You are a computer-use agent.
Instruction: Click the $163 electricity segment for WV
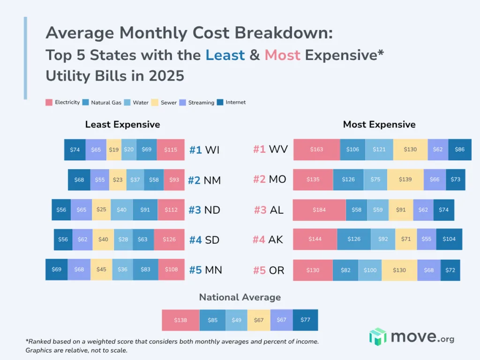click(316, 150)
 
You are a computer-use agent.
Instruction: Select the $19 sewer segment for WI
click(114, 150)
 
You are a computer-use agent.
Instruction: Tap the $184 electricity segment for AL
click(319, 210)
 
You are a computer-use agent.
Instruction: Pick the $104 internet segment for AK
click(449, 239)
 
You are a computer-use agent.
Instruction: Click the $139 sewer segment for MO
click(405, 180)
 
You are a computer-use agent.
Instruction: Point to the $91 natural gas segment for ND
click(145, 210)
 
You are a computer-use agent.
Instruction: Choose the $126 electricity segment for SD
click(169, 240)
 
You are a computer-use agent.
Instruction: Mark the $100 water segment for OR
click(370, 270)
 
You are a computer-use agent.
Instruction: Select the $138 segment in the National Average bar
click(180, 320)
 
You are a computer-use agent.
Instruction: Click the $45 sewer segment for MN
click(101, 270)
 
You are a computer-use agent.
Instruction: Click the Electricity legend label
click(67, 102)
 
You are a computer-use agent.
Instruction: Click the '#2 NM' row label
click(204, 180)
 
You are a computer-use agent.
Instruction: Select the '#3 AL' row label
click(269, 210)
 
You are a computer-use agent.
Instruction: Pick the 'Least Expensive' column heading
click(122, 125)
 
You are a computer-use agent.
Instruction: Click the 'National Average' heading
click(240, 297)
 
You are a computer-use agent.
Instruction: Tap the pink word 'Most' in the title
click(282, 55)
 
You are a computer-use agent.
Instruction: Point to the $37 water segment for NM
click(135, 180)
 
